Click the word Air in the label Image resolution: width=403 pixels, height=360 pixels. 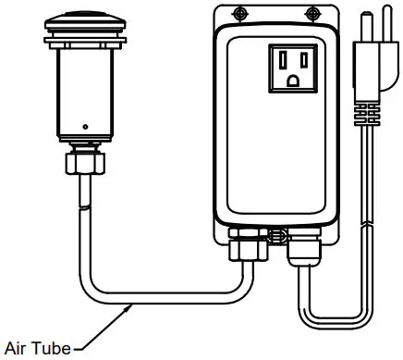point(16,349)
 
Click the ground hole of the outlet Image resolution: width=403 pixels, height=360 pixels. point(295,81)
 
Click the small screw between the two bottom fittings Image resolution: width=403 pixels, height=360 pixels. point(274,235)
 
